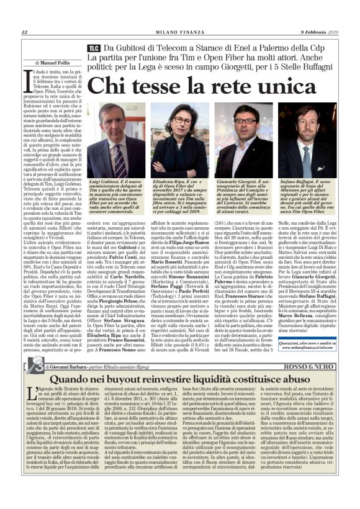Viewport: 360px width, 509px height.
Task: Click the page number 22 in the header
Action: coord(24,32)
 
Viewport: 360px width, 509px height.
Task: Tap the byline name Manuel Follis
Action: coord(59,63)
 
